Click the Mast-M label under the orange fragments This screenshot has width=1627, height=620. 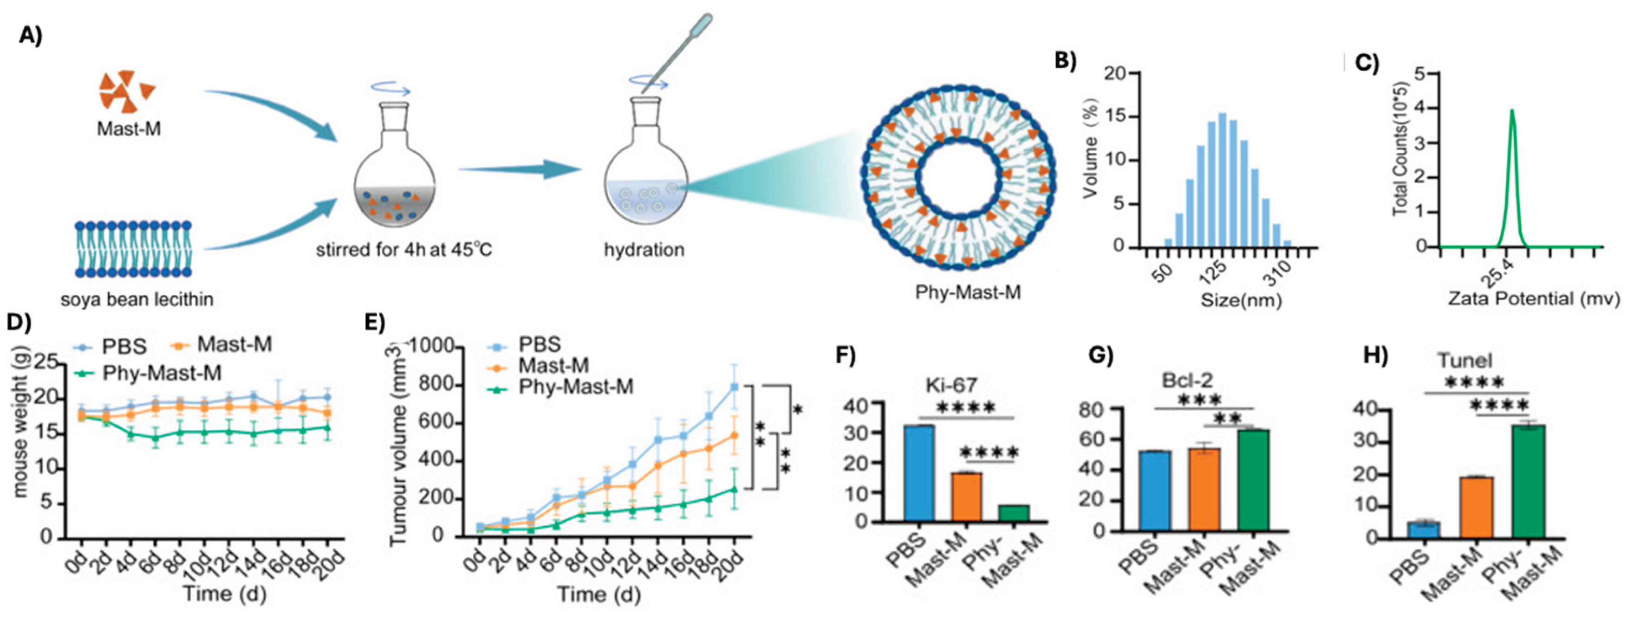[x=128, y=129]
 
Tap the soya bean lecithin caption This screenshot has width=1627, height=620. [x=137, y=299]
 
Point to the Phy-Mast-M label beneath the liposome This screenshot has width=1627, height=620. [x=968, y=292]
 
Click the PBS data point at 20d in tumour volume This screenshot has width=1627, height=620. [x=735, y=387]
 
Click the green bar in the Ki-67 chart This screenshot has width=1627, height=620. [x=1013, y=513]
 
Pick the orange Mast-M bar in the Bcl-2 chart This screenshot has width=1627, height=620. [x=1204, y=489]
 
